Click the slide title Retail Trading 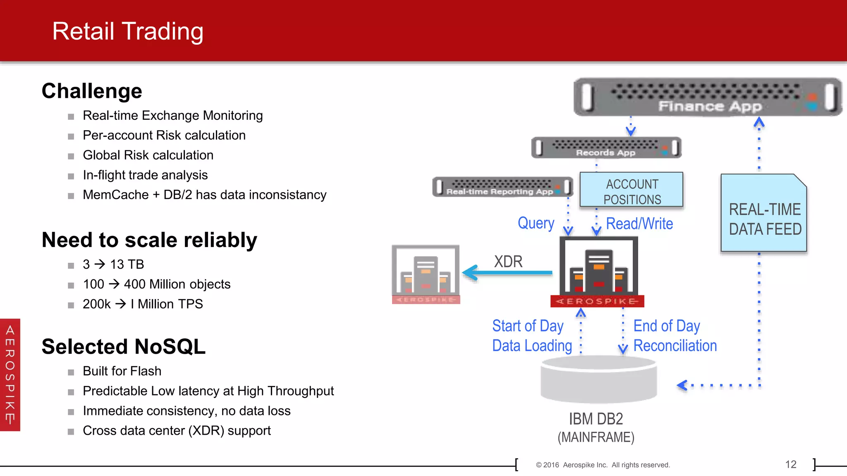click(x=128, y=31)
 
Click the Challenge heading click(x=92, y=91)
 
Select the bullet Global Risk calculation click(x=148, y=155)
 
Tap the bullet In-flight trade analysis click(x=145, y=175)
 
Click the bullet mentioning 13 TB click(x=113, y=264)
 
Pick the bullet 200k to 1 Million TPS click(x=143, y=304)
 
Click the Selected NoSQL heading click(x=124, y=346)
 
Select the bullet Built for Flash click(x=122, y=371)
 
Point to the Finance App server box click(x=707, y=98)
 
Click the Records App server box click(x=606, y=148)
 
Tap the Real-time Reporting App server click(x=502, y=187)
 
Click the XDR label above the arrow click(x=508, y=262)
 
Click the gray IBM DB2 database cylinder click(x=598, y=380)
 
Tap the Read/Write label click(x=639, y=224)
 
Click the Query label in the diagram click(x=536, y=223)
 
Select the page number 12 click(x=790, y=464)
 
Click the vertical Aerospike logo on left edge click(x=10, y=375)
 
